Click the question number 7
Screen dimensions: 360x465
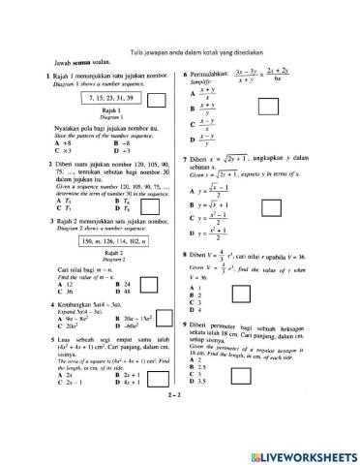184,155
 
